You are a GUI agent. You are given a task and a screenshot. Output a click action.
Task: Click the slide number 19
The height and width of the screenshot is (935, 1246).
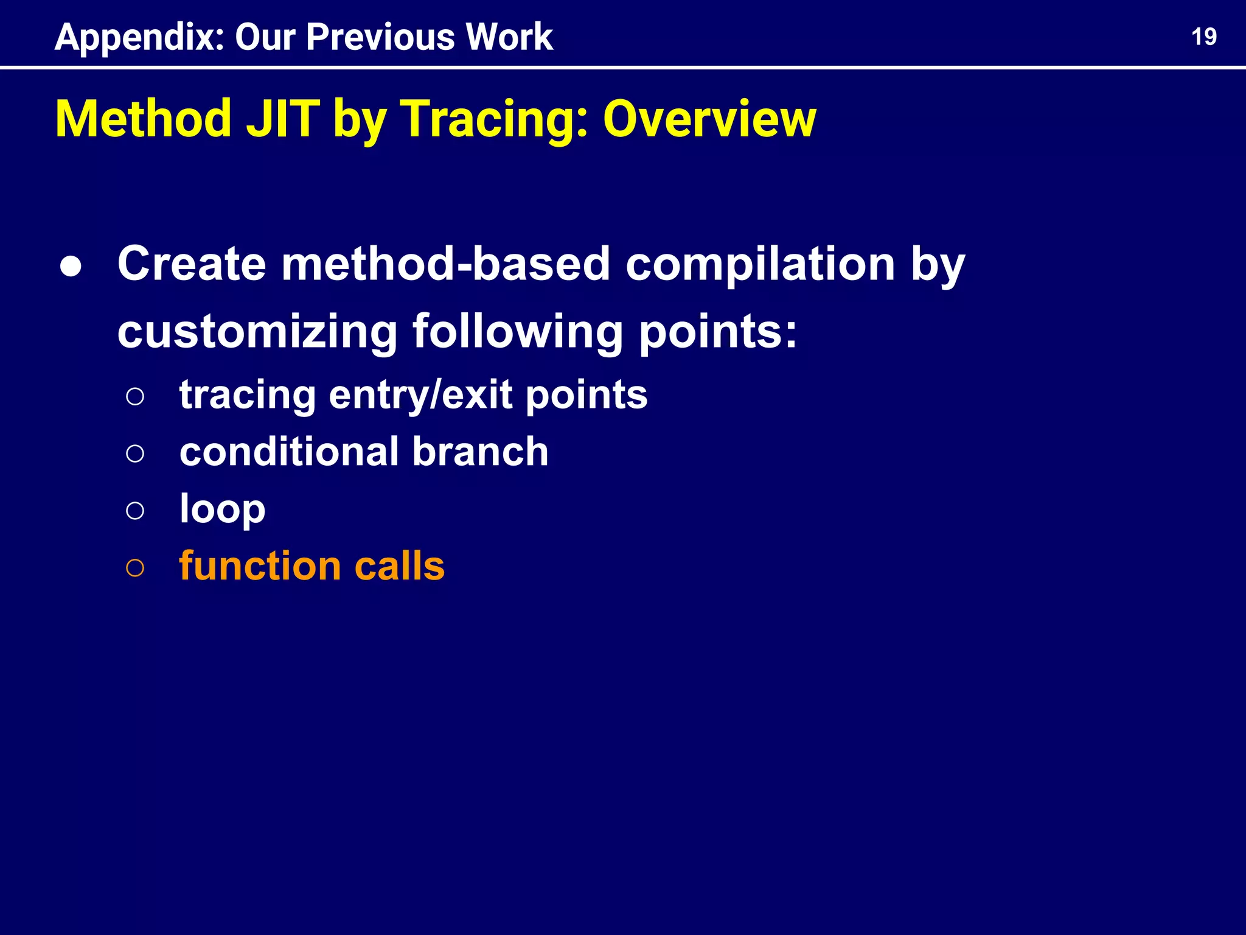(1203, 37)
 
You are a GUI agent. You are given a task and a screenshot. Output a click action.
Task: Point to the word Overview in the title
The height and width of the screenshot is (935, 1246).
(709, 119)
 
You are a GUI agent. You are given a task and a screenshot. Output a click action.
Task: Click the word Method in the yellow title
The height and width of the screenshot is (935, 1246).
(143, 119)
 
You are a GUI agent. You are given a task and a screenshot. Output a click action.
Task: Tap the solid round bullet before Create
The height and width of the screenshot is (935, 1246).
(71, 267)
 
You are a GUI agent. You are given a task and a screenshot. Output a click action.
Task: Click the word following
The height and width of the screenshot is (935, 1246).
(518, 332)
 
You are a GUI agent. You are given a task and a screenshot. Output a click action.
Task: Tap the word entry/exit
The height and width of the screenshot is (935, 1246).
(420, 395)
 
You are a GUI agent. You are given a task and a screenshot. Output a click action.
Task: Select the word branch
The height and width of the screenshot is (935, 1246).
(480, 452)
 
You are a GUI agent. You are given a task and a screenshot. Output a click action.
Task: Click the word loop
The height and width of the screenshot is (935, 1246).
(222, 510)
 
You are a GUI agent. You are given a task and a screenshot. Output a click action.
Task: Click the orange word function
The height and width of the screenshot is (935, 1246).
(260, 566)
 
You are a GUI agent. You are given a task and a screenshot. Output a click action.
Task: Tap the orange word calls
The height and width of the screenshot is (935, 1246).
(399, 566)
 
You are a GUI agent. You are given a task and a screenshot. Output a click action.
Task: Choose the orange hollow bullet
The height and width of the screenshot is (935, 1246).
(135, 568)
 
